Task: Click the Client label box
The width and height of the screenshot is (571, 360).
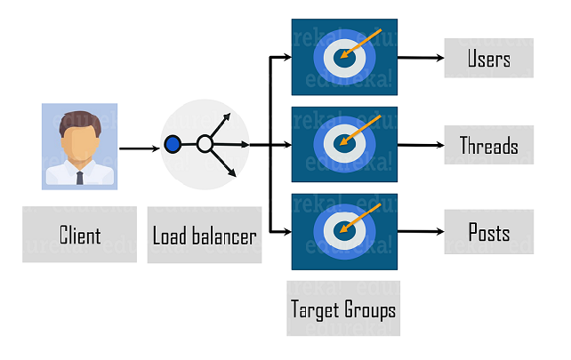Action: (x=79, y=236)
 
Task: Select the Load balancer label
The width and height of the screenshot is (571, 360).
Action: (x=205, y=236)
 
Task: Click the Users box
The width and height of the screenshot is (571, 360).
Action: (x=488, y=59)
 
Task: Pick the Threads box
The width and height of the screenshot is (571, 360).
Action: (x=488, y=145)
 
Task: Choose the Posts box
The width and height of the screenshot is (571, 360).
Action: (x=488, y=232)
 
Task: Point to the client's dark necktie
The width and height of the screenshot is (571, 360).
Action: (x=79, y=176)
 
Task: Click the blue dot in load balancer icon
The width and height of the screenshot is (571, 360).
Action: (x=173, y=143)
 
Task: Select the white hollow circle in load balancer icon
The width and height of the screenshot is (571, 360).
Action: (x=205, y=143)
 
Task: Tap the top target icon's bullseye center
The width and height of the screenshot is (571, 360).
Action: (x=343, y=58)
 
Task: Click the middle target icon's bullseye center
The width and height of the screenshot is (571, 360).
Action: (x=343, y=144)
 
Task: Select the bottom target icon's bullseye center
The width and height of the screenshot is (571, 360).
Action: (x=343, y=231)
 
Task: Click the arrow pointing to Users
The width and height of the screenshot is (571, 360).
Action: (x=421, y=59)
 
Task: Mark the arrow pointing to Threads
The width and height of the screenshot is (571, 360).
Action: (x=421, y=145)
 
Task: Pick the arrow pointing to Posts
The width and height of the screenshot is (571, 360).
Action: (x=421, y=232)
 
